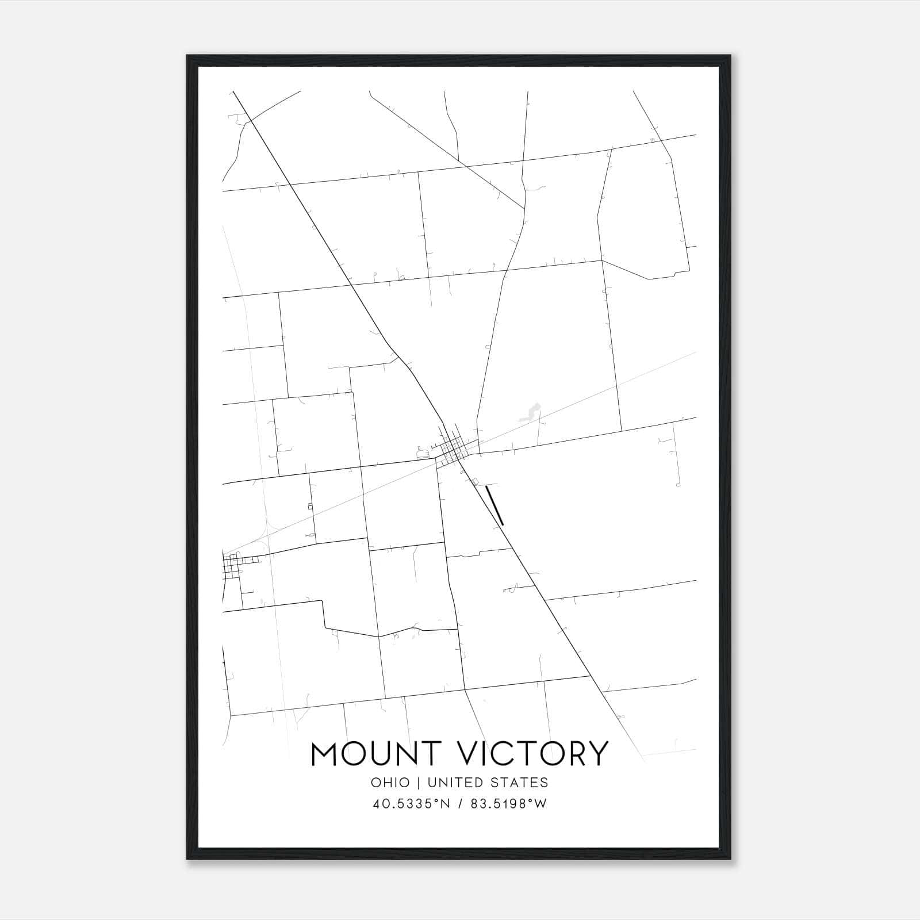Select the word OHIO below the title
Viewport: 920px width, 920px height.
coord(390,783)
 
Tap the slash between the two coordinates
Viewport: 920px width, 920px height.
coord(460,804)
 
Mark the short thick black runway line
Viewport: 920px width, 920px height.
coord(494,505)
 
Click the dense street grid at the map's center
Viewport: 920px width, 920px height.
coord(454,449)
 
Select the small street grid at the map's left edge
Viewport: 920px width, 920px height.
coord(233,565)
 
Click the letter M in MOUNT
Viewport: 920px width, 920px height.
coord(325,753)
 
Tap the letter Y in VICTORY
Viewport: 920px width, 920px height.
coord(597,753)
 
